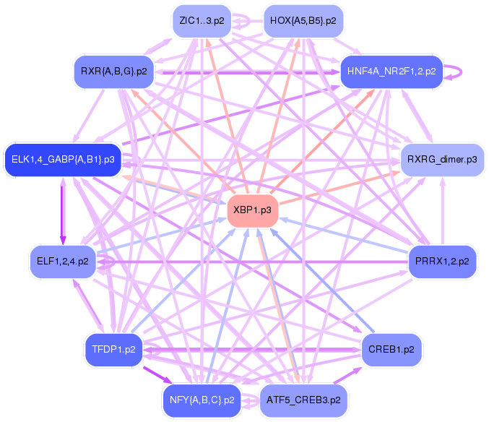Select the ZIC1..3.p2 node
point(202,21)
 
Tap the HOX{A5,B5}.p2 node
point(303,21)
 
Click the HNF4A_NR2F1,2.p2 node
point(391,72)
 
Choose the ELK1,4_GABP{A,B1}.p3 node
point(63,159)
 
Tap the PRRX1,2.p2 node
point(443,261)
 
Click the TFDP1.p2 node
point(115,350)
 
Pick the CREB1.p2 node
point(391,350)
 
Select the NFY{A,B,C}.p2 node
point(202,400)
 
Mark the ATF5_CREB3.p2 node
point(303,400)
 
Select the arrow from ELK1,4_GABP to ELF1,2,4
point(63,210)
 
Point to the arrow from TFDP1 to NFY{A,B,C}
point(157,376)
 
